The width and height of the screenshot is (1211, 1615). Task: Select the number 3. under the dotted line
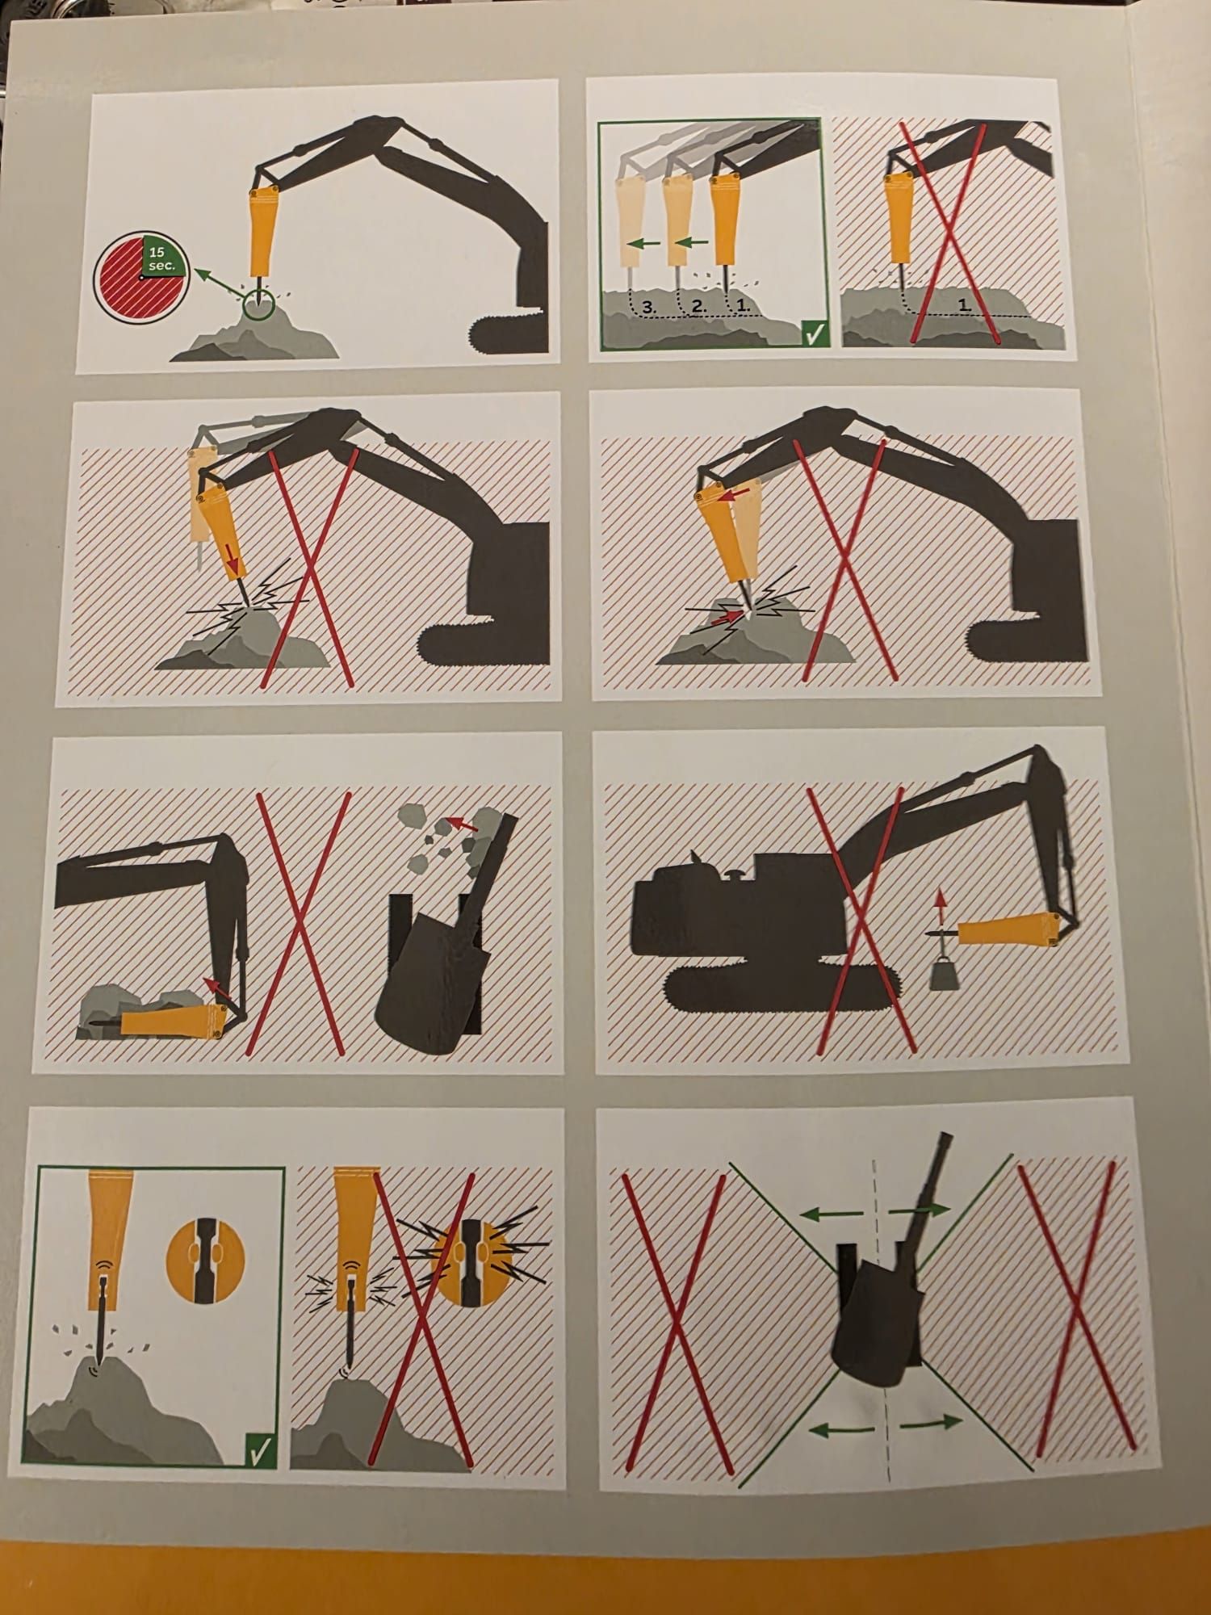(x=651, y=306)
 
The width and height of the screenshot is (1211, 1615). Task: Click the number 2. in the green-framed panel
(x=699, y=307)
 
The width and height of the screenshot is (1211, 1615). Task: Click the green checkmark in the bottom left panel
(x=260, y=1449)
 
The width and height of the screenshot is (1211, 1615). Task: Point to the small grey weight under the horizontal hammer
(x=942, y=975)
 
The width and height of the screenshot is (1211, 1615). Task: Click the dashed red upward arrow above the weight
(x=939, y=912)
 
